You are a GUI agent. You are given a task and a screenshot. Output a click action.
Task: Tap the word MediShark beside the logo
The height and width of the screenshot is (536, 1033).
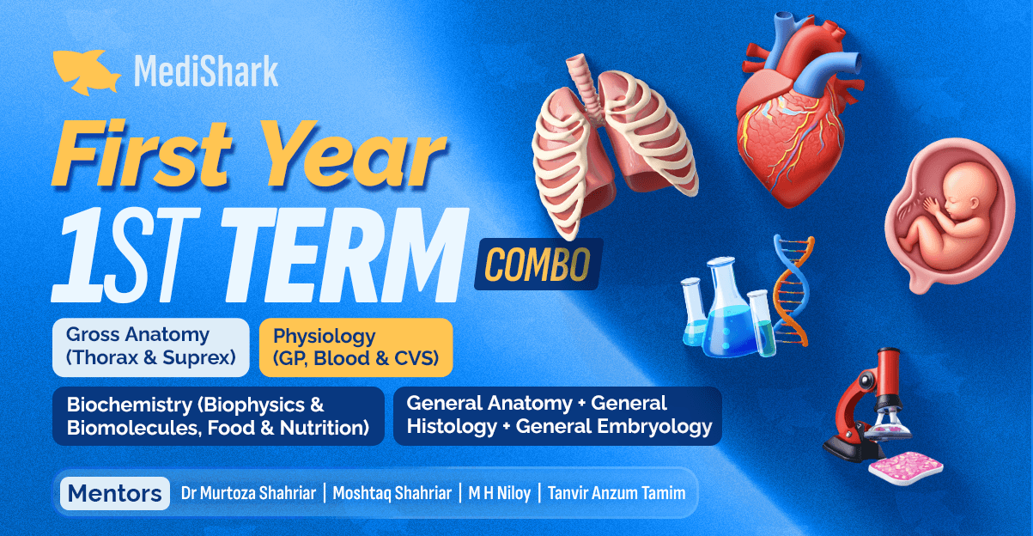(206, 71)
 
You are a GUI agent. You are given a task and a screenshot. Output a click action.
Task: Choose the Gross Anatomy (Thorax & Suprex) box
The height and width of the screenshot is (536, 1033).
(151, 347)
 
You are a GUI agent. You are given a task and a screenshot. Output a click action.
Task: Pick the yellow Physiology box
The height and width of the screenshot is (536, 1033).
(355, 347)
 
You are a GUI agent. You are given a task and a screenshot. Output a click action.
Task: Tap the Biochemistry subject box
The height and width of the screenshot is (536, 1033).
(218, 416)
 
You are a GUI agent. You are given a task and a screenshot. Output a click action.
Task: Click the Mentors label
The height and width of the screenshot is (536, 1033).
(114, 494)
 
